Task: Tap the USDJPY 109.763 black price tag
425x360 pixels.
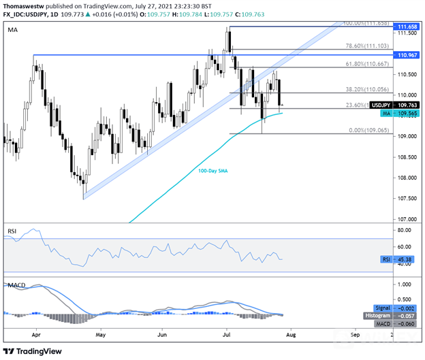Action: click(395, 105)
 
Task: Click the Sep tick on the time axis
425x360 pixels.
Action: click(355, 336)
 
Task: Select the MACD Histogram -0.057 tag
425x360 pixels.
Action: click(395, 315)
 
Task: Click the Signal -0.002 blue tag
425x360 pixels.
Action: click(396, 308)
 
